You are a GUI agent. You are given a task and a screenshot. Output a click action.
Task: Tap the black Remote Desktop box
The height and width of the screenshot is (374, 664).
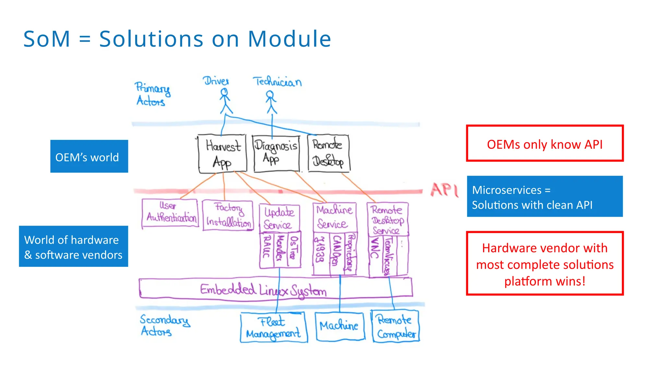click(x=328, y=154)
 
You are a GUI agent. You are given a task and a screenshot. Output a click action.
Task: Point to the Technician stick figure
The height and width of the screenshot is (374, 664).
click(x=271, y=102)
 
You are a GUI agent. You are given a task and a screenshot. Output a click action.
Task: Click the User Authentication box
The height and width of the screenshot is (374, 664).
click(x=170, y=214)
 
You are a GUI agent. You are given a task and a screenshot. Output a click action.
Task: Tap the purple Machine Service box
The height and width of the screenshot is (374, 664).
click(x=334, y=217)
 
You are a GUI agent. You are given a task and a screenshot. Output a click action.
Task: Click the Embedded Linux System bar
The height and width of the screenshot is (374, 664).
click(x=276, y=289)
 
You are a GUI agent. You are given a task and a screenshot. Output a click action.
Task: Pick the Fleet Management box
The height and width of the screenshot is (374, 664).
click(x=274, y=327)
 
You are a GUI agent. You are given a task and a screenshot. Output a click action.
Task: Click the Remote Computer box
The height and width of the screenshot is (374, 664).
click(x=395, y=327)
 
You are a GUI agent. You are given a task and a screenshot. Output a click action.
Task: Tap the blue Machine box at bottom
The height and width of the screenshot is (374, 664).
click(x=339, y=326)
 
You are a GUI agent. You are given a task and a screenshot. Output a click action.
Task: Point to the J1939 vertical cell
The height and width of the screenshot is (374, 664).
click(x=320, y=254)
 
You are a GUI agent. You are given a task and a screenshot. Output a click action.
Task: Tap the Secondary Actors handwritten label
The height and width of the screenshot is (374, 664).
click(x=164, y=325)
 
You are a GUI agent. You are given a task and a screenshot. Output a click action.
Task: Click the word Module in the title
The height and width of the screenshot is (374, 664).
click(x=289, y=39)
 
